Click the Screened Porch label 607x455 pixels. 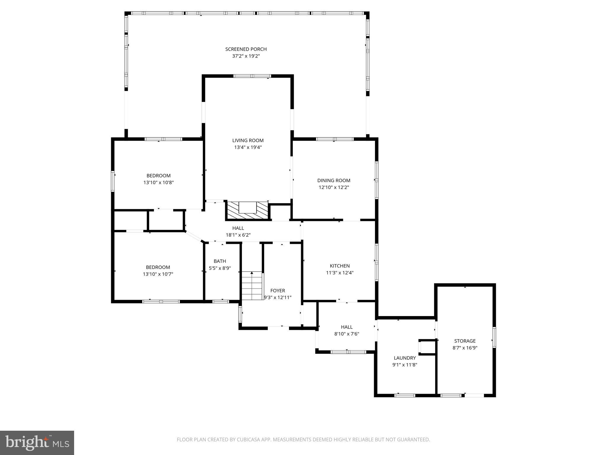click(x=246, y=49)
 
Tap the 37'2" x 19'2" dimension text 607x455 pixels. click(x=246, y=56)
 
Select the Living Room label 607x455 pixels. click(x=248, y=140)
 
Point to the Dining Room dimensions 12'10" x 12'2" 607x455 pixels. click(x=334, y=187)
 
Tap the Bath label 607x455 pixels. click(x=220, y=261)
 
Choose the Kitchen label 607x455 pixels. click(x=340, y=266)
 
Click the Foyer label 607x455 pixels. click(x=277, y=291)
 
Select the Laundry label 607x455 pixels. click(x=405, y=358)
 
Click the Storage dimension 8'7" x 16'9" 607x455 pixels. click(x=465, y=348)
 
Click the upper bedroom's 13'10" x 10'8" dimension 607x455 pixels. click(x=159, y=182)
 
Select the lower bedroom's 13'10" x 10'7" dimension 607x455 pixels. click(x=158, y=274)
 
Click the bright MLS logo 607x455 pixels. click(x=37, y=443)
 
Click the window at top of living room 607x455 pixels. click(x=252, y=76)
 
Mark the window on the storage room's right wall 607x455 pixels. click(x=494, y=337)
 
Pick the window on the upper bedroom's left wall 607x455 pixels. click(x=113, y=181)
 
